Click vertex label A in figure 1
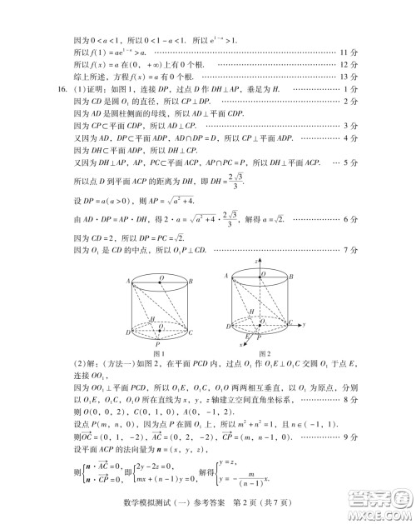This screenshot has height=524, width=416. [130, 281]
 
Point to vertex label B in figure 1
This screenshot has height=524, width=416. [191, 281]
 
